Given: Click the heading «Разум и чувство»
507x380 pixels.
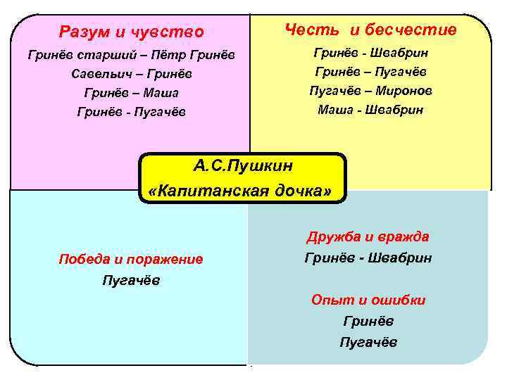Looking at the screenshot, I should point(131,32).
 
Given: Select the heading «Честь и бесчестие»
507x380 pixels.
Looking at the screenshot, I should point(370,30).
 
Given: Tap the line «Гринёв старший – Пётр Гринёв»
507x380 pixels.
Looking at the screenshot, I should point(131,55).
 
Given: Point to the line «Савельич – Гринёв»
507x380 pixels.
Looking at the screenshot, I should point(131,74).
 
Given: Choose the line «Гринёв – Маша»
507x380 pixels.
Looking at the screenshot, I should point(131,93).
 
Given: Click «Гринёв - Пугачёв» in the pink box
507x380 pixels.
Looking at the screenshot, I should point(131,112).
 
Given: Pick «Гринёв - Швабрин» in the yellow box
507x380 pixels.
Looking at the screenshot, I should point(370,53).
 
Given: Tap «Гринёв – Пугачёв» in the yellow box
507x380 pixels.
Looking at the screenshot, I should point(370,72).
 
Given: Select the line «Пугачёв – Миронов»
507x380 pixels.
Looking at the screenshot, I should point(370,91).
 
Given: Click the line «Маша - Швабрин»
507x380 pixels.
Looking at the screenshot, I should point(370,110).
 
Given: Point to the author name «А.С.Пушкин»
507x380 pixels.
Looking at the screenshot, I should point(243,167).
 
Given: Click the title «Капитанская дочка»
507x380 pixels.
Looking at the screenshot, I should point(243,191).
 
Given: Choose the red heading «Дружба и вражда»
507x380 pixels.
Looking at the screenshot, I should point(368,236).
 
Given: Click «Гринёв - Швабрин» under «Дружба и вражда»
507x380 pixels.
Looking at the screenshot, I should point(368,258).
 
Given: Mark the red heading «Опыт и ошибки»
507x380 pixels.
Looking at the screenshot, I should point(368,300).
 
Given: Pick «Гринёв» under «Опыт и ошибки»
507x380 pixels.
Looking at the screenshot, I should point(368,322).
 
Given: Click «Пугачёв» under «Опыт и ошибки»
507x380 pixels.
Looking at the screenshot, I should point(368,343).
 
